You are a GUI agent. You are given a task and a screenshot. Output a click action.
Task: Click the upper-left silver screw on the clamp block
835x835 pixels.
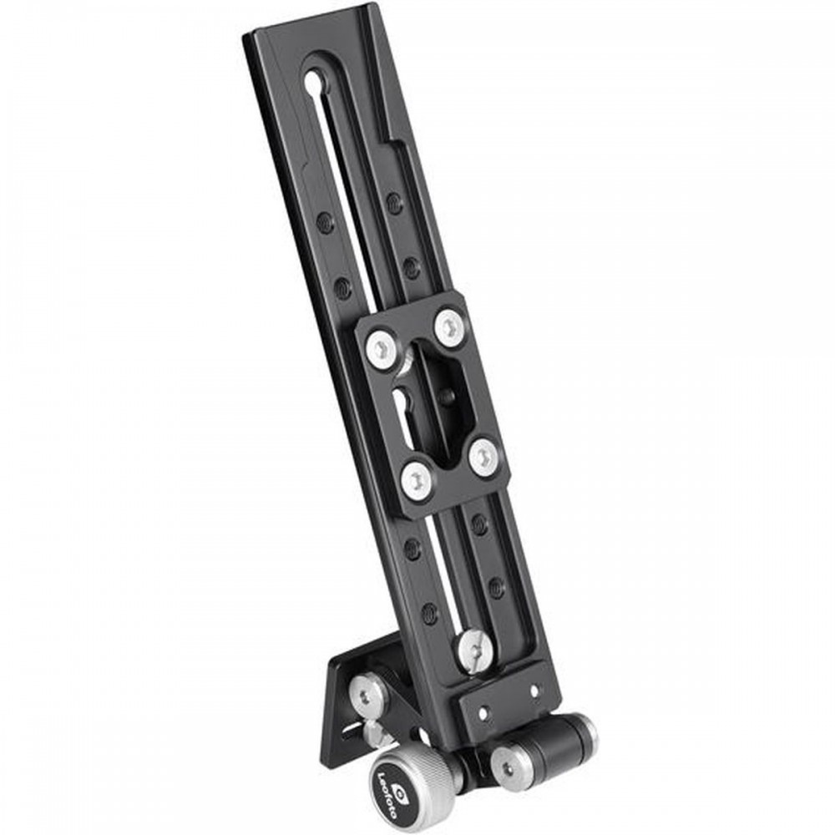coord(382,349)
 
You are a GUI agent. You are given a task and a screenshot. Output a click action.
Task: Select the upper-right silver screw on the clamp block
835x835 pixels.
coord(451,326)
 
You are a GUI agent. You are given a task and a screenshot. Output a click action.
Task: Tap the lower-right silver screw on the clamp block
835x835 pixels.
coord(486,457)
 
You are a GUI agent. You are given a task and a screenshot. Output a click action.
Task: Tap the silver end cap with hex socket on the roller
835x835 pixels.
coord(508,765)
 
